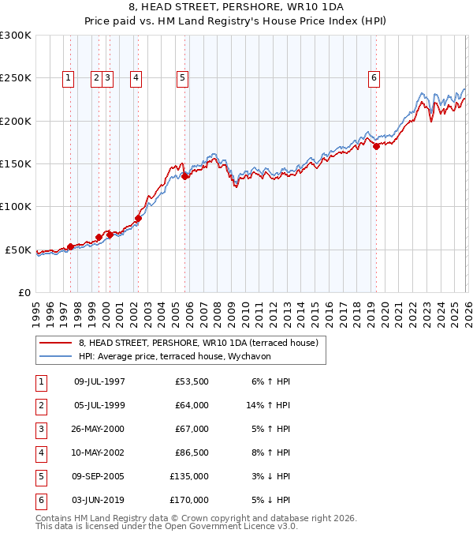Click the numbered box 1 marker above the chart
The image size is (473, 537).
pyautogui.click(x=69, y=77)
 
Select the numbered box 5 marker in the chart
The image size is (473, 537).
pyautogui.click(x=182, y=77)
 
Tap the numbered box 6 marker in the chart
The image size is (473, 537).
pyautogui.click(x=373, y=77)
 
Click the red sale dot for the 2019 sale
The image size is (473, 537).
pyautogui.click(x=376, y=146)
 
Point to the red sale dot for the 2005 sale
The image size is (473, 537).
pyautogui.click(x=185, y=176)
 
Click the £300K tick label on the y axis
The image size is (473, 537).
pyautogui.click(x=16, y=36)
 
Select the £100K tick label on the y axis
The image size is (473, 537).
pyautogui.click(x=16, y=206)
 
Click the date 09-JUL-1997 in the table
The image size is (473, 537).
pyautogui.click(x=99, y=381)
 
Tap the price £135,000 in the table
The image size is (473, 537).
pyautogui.click(x=189, y=476)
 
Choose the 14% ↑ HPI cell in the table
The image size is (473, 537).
pyautogui.click(x=268, y=405)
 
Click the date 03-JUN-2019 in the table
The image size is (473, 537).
pyautogui.click(x=99, y=500)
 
